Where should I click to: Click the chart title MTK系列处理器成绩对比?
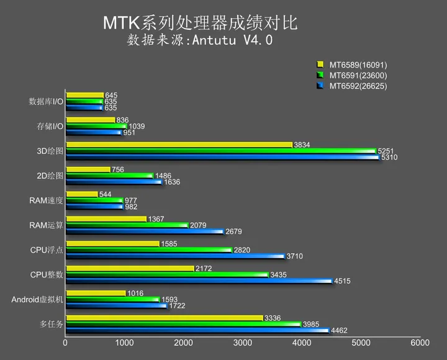point(200,23)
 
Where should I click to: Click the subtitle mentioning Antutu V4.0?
point(200,41)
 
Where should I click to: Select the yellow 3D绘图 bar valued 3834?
point(179,145)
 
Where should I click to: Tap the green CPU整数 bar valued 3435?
point(167,274)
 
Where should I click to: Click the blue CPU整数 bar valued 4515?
point(199,281)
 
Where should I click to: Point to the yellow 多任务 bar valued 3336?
point(164,318)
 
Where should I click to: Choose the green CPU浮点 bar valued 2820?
point(149,250)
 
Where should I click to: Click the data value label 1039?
point(137,126)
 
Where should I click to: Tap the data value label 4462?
point(340,330)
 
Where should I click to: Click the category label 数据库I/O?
point(46,101)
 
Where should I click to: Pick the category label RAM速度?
point(46,200)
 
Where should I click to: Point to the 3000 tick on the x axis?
point(242,342)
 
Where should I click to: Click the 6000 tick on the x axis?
point(420,342)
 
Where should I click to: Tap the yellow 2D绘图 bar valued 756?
point(88,169)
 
